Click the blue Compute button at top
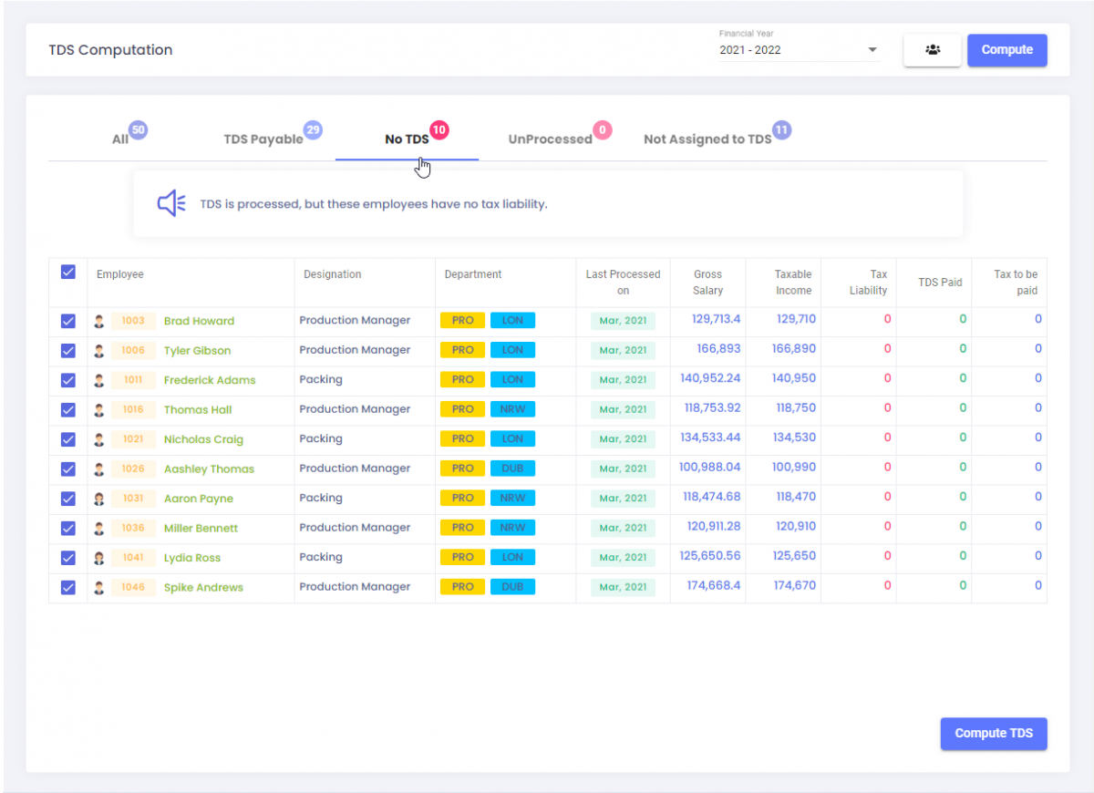click(1006, 50)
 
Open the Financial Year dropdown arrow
click(872, 50)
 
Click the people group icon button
click(932, 50)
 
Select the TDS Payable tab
click(263, 139)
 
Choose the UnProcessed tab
click(550, 139)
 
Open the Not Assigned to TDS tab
click(707, 139)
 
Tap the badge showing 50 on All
click(138, 130)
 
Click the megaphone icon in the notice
click(171, 203)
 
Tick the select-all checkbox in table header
click(67, 273)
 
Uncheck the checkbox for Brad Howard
click(67, 321)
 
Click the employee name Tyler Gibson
click(197, 351)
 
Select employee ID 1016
click(133, 410)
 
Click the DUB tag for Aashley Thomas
click(512, 469)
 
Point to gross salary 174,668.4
click(713, 586)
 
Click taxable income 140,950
click(795, 378)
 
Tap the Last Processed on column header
click(623, 282)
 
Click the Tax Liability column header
click(868, 282)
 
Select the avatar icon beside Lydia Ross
click(99, 558)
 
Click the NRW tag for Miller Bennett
click(512, 528)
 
